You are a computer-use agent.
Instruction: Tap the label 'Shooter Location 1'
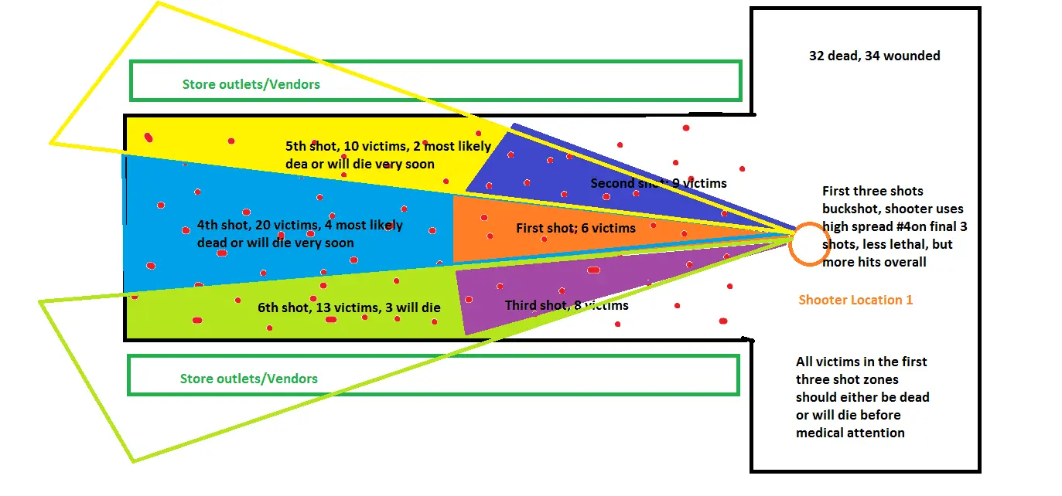(855, 300)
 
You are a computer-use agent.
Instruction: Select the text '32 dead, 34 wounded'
(874, 56)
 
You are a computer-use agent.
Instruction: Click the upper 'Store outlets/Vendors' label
(251, 84)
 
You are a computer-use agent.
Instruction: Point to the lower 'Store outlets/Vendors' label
(248, 379)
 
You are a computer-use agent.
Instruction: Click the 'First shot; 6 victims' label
(575, 228)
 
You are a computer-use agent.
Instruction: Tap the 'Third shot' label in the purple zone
(536, 305)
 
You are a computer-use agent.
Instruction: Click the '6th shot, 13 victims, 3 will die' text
(349, 307)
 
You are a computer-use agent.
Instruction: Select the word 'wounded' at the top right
(914, 56)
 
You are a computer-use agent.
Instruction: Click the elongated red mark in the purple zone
(593, 270)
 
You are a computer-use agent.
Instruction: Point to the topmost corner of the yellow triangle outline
(159, 2)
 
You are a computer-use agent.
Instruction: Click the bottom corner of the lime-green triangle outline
(134, 461)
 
